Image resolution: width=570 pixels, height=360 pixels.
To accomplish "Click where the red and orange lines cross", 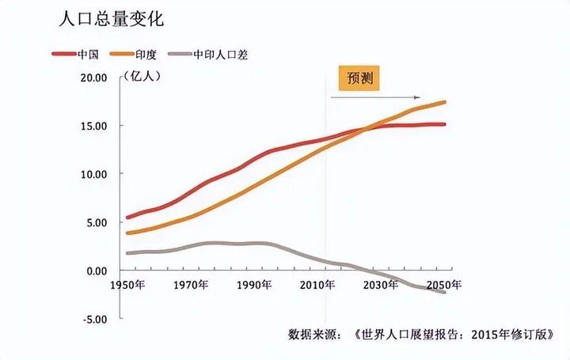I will (367, 128).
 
